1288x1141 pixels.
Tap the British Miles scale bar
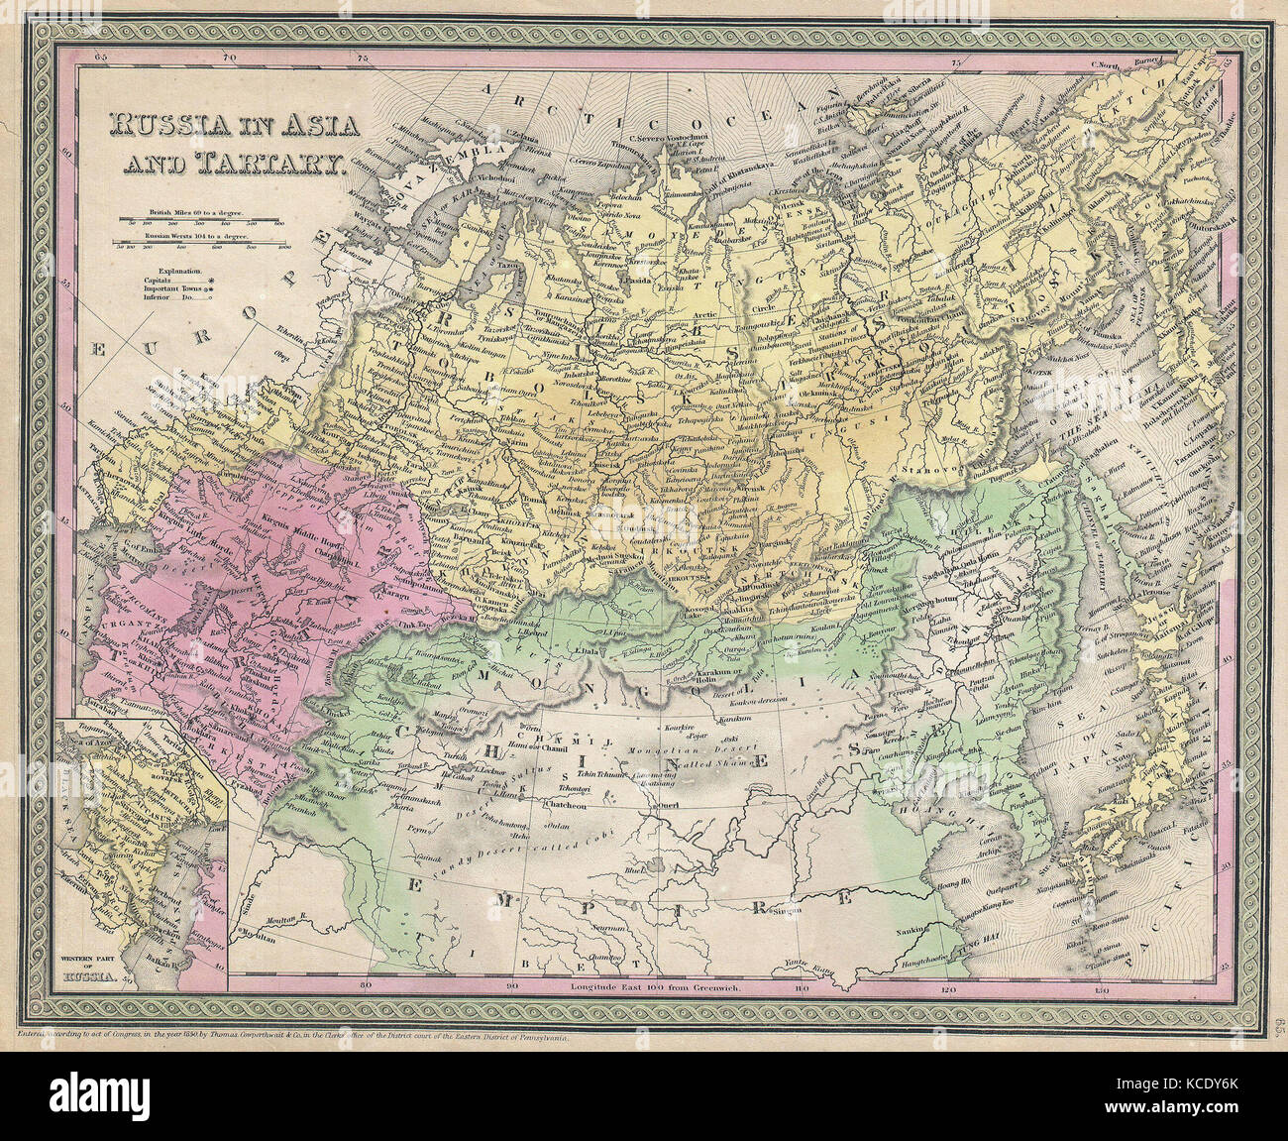point(202,221)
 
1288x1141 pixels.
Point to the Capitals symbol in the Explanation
point(209,282)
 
